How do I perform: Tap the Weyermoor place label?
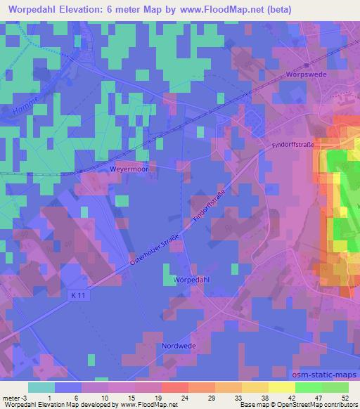coord(127,169)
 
